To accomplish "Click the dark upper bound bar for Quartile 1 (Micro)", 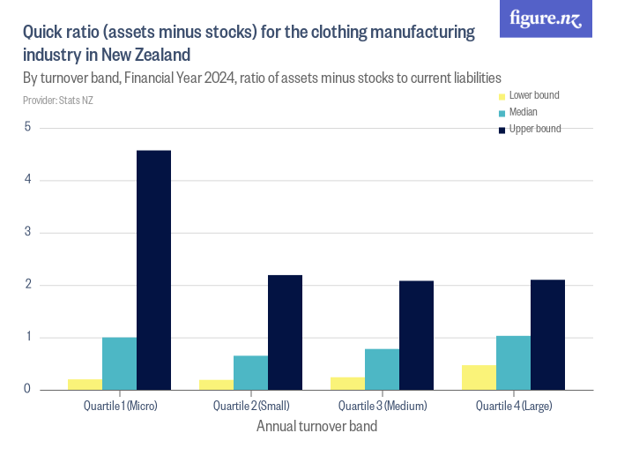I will point(154,270).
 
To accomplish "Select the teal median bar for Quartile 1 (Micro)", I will point(120,363).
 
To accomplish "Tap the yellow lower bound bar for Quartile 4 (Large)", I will point(479,377).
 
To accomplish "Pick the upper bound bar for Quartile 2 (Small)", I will point(285,332).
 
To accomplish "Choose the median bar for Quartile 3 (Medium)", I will point(382,369).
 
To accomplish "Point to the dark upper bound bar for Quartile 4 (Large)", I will point(547,334).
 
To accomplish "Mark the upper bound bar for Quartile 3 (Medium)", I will point(416,335).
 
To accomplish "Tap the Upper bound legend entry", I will point(534,129).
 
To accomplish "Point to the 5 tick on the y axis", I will point(27,127).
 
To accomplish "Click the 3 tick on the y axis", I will point(27,232).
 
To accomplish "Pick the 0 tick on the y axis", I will point(27,389).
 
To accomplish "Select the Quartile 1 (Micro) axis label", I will point(120,406).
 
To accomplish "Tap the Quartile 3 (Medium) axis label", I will point(383,406).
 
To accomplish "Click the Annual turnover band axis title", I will point(316,427).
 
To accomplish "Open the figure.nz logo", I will point(546,19).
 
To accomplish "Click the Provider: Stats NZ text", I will point(58,101).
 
